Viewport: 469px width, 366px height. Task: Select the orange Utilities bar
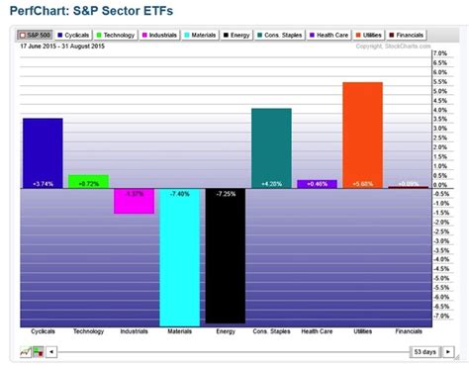[x=362, y=134]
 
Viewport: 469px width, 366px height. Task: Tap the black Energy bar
[x=225, y=254]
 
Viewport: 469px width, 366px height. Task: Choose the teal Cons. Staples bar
[x=270, y=146]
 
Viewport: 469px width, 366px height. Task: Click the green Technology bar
[x=88, y=181]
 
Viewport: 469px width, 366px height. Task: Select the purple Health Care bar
[x=317, y=183]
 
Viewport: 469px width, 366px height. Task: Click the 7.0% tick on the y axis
[x=441, y=54]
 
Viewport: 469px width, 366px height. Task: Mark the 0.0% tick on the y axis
[x=441, y=186]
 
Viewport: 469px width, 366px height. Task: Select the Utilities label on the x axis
[x=361, y=331]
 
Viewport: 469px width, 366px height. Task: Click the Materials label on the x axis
[x=179, y=331]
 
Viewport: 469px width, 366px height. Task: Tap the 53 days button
[x=422, y=351]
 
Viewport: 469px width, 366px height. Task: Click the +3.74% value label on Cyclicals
[x=43, y=184]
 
